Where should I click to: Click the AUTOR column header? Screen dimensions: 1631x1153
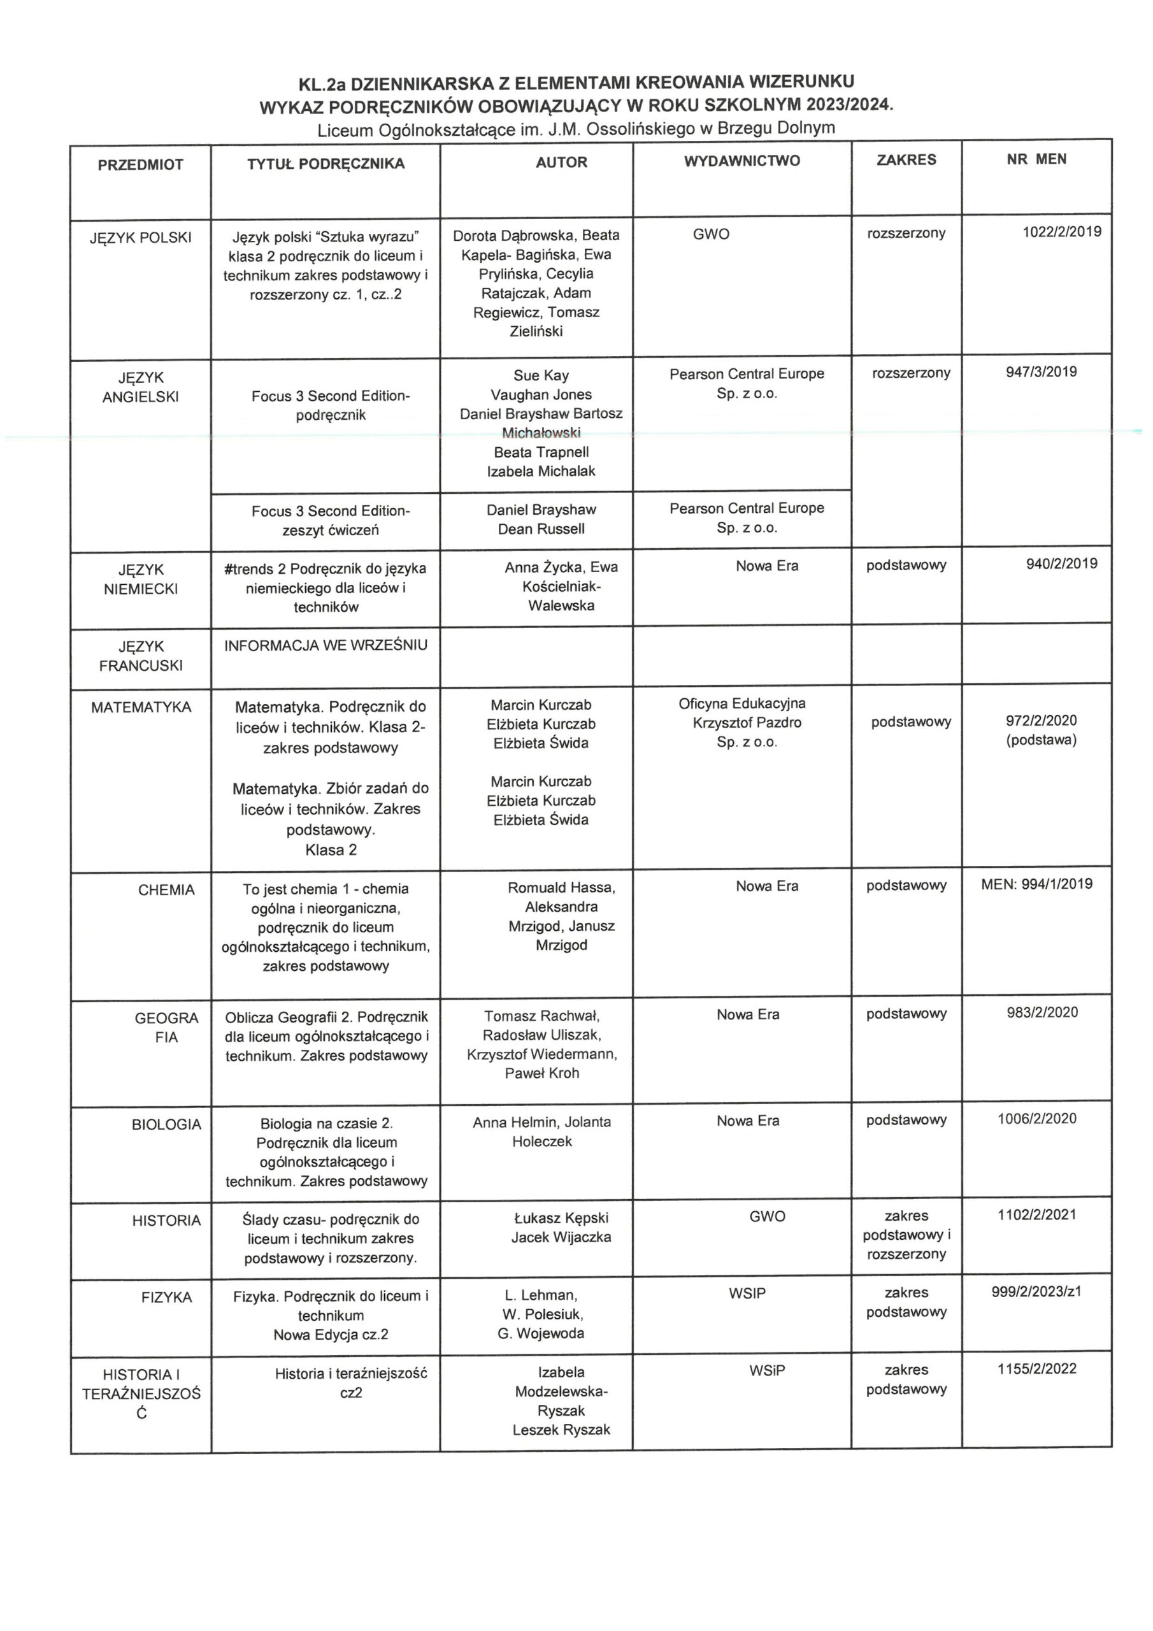coord(561,162)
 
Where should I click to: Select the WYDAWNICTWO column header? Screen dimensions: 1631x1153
coord(741,161)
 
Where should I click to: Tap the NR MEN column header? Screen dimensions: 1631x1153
coord(1036,159)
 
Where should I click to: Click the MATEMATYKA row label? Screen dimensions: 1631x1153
coord(141,708)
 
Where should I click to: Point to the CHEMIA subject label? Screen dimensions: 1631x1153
coord(166,890)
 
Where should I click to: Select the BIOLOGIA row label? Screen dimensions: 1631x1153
coord(166,1124)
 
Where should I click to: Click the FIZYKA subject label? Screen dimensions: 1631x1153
coord(166,1297)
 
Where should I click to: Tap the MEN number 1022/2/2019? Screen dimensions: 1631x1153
coord(1061,231)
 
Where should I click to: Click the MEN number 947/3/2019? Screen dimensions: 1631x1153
coord(1041,371)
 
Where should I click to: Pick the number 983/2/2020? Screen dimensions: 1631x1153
coord(1042,1012)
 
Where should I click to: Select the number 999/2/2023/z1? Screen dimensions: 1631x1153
coord(1036,1291)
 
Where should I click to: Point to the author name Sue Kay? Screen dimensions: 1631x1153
coord(541,375)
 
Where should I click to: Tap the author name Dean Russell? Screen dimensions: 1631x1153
coord(541,529)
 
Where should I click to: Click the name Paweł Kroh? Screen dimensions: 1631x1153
coord(541,1073)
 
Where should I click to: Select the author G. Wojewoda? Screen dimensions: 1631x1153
coord(541,1333)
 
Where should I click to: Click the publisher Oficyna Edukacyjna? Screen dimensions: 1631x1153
coord(741,703)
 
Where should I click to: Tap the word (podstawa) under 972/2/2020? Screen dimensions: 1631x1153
coord(1041,740)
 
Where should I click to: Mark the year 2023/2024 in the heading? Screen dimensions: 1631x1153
coord(849,105)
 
